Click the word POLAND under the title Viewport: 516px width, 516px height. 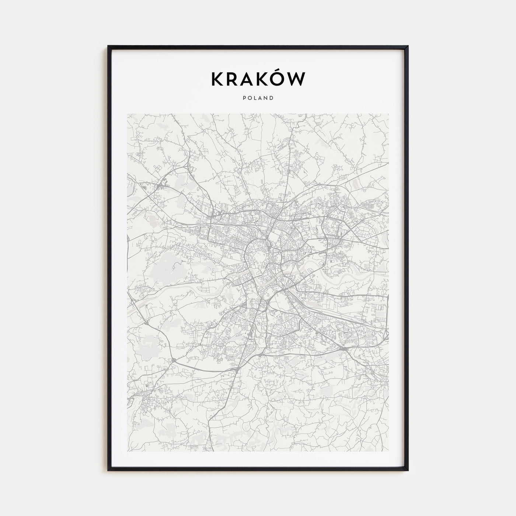click(x=258, y=98)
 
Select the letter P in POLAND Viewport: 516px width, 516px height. click(x=244, y=98)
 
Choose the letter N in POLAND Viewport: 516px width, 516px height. click(x=266, y=98)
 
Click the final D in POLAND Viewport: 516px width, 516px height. click(x=272, y=98)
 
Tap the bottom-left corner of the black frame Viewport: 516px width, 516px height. click(x=108, y=470)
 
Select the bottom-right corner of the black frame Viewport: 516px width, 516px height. click(x=408, y=470)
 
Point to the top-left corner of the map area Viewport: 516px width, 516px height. click(x=128, y=114)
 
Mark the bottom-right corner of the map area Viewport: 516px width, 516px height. click(x=388, y=452)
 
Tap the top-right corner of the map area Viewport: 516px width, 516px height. click(x=388, y=114)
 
